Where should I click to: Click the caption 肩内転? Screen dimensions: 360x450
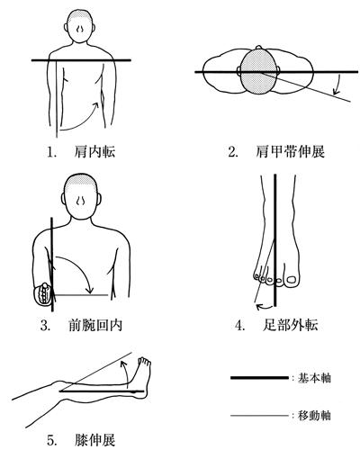[x=94, y=152]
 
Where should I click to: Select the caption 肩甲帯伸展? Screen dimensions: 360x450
[x=290, y=152]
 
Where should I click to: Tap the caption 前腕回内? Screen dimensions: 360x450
[x=95, y=325]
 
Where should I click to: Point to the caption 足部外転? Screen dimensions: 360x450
[x=291, y=325]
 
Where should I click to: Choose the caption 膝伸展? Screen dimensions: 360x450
[x=94, y=440]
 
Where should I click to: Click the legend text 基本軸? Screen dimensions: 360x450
[x=314, y=378]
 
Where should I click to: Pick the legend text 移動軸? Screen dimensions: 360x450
[x=314, y=416]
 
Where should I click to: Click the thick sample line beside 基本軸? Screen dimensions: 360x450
[x=259, y=378]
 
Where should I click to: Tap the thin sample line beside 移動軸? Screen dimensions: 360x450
[x=259, y=416]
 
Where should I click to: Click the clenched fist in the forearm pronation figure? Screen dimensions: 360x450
[x=43, y=294]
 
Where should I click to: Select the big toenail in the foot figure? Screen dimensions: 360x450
[x=292, y=280]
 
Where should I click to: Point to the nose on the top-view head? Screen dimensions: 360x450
[x=259, y=48]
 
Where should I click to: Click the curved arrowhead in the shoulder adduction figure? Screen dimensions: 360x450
[x=96, y=105]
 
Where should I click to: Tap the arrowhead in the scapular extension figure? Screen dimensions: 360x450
[x=337, y=91]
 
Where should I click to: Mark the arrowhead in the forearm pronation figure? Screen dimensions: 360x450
[x=89, y=290]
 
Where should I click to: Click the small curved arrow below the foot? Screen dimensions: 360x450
[x=264, y=306]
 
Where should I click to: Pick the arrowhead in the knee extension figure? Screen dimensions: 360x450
[x=122, y=364]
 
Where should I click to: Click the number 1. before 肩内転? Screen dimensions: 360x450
[x=51, y=152]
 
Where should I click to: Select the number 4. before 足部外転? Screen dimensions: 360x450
[x=240, y=326]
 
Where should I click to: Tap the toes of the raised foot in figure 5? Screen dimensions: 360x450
[x=145, y=362]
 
